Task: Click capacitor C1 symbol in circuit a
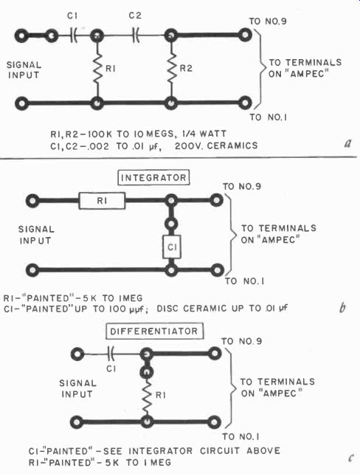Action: click(x=73, y=35)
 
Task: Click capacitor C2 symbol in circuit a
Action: click(x=136, y=35)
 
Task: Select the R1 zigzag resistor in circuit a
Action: click(x=97, y=69)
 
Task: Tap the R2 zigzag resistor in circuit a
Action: click(x=172, y=69)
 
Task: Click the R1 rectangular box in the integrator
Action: click(x=102, y=201)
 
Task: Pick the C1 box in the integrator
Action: click(x=172, y=247)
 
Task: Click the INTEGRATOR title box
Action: click(x=153, y=177)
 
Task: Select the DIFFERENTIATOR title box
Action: click(x=154, y=331)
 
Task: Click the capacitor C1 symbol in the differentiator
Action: click(x=111, y=354)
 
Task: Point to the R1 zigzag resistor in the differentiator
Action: click(x=147, y=395)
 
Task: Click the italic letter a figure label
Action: click(x=348, y=142)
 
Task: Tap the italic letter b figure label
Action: click(x=342, y=307)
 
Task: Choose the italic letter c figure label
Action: click(x=350, y=458)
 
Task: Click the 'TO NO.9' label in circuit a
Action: click(x=268, y=21)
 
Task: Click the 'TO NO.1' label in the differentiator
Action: click(x=240, y=436)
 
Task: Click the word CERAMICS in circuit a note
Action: click(x=232, y=145)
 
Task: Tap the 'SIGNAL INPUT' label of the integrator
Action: click(x=36, y=235)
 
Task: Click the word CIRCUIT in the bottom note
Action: click(x=220, y=450)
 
